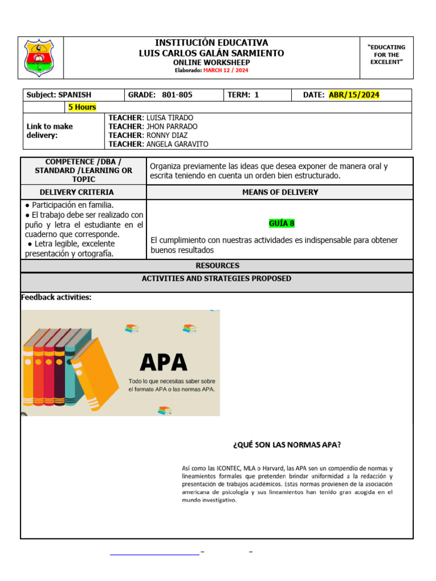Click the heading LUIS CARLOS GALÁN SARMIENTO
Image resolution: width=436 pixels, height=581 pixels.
[x=212, y=53]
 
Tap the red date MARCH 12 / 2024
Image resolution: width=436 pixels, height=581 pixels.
[x=225, y=70]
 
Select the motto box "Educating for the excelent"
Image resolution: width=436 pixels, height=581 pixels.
[x=386, y=55]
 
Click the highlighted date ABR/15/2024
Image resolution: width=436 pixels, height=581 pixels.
[x=354, y=95]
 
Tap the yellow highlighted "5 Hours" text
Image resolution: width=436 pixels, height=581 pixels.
[x=82, y=107]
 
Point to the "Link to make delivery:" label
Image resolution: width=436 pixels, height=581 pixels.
[x=49, y=131]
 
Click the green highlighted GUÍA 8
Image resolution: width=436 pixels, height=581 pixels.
[x=282, y=223]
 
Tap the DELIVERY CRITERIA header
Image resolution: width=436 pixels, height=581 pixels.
[x=84, y=192]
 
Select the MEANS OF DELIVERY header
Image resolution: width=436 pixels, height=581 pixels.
[x=280, y=192]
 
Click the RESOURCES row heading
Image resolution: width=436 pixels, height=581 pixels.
[x=217, y=266]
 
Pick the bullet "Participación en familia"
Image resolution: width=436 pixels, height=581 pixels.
[x=73, y=205]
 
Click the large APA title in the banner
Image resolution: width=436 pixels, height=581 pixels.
[x=163, y=361]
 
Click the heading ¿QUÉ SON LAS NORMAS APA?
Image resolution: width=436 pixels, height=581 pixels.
[x=287, y=445]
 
